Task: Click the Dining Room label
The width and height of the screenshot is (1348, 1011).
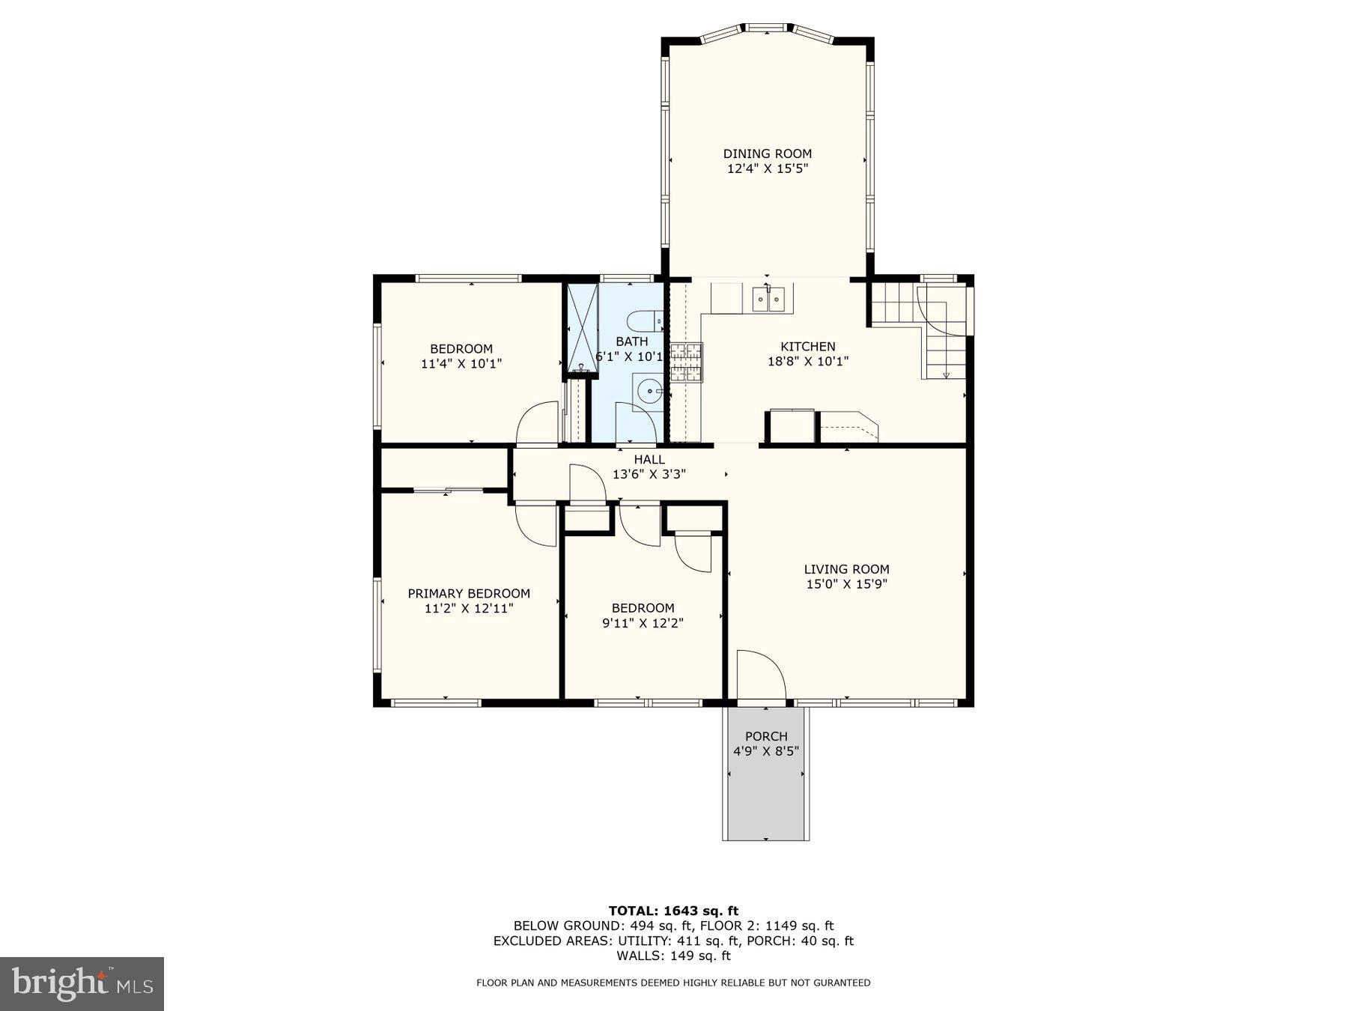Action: pos(767,154)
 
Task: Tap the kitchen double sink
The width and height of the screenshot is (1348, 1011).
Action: pos(769,300)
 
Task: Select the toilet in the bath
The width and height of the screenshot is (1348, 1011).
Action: pos(645,323)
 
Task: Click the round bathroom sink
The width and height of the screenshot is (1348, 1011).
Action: pos(648,391)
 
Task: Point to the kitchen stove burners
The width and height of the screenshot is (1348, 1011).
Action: pos(687,362)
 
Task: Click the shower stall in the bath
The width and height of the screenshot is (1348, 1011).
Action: pos(582,327)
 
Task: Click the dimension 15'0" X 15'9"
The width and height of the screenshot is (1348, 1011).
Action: pos(846,584)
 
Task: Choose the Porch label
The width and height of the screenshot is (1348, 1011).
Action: pos(766,736)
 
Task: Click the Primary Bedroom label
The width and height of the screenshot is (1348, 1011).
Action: pos(469,593)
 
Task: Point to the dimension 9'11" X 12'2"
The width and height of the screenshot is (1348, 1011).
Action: pos(643,623)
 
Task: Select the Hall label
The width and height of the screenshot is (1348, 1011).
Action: pos(649,459)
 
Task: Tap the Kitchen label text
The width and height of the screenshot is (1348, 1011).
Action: pos(807,346)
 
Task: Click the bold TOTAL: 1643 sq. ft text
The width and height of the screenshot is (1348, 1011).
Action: pos(673,911)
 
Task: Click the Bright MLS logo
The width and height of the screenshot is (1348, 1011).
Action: pos(82,983)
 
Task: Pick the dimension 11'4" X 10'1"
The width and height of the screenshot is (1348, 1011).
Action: pos(461,364)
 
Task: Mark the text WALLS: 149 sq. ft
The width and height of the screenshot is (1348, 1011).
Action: pos(673,956)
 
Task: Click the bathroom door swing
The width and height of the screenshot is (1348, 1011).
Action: pos(635,422)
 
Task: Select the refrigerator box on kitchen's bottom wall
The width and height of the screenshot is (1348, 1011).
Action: pos(792,426)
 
